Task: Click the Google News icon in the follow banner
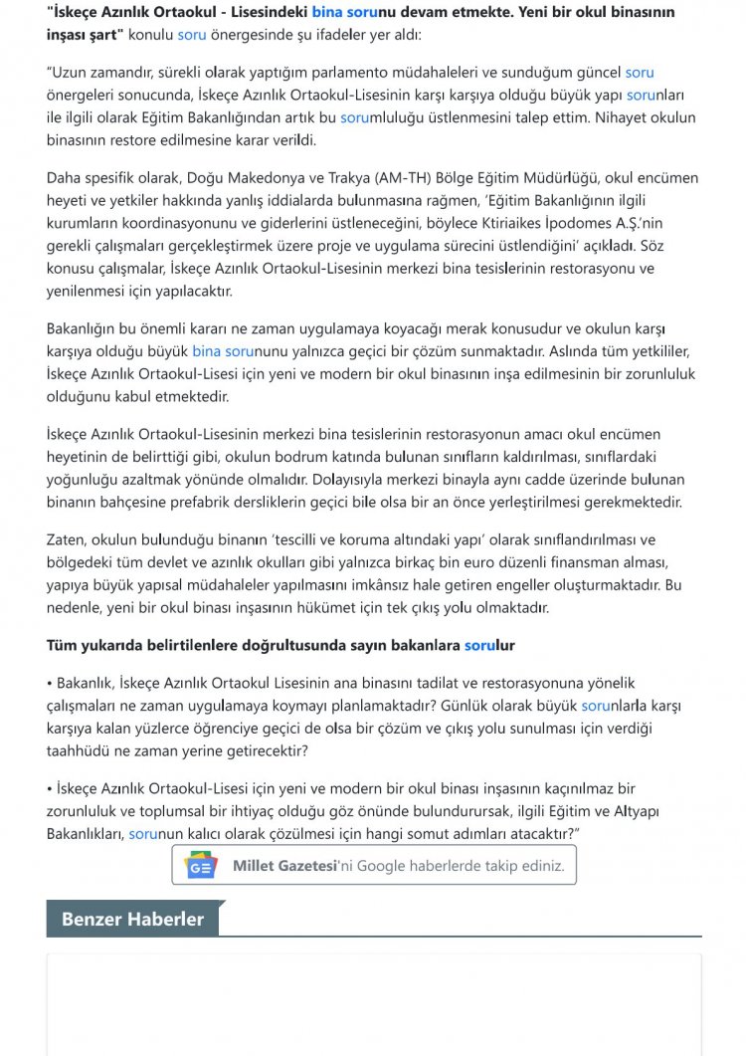pyautogui.click(x=201, y=865)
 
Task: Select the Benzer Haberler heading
pyautogui.click(x=132, y=919)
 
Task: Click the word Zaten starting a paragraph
pyautogui.click(x=67, y=539)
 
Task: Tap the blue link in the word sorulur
pyautogui.click(x=481, y=645)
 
